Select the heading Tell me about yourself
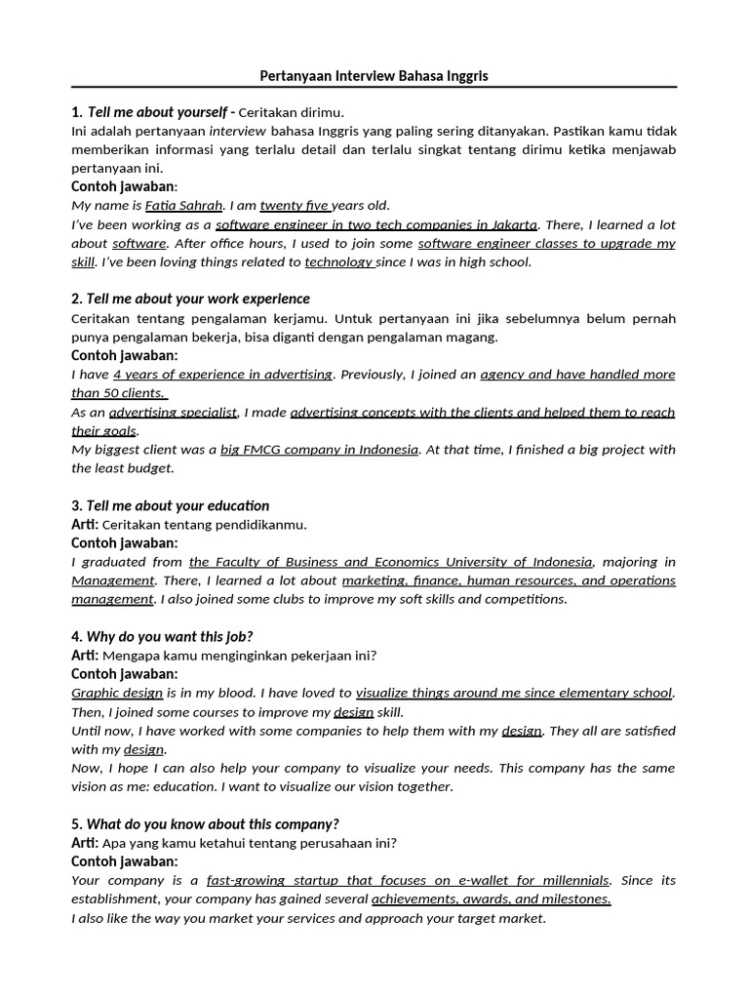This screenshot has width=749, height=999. click(157, 112)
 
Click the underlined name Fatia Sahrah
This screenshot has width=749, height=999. click(183, 206)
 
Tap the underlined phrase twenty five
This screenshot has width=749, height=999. click(295, 206)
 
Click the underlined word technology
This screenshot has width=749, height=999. click(339, 262)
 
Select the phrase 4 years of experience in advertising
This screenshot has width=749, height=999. click(222, 375)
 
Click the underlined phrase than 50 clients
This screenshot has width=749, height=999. click(119, 393)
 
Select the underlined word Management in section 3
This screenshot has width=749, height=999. click(112, 580)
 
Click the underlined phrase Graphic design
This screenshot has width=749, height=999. click(117, 694)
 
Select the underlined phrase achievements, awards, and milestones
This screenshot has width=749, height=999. click(491, 899)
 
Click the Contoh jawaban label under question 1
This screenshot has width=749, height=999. click(124, 186)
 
